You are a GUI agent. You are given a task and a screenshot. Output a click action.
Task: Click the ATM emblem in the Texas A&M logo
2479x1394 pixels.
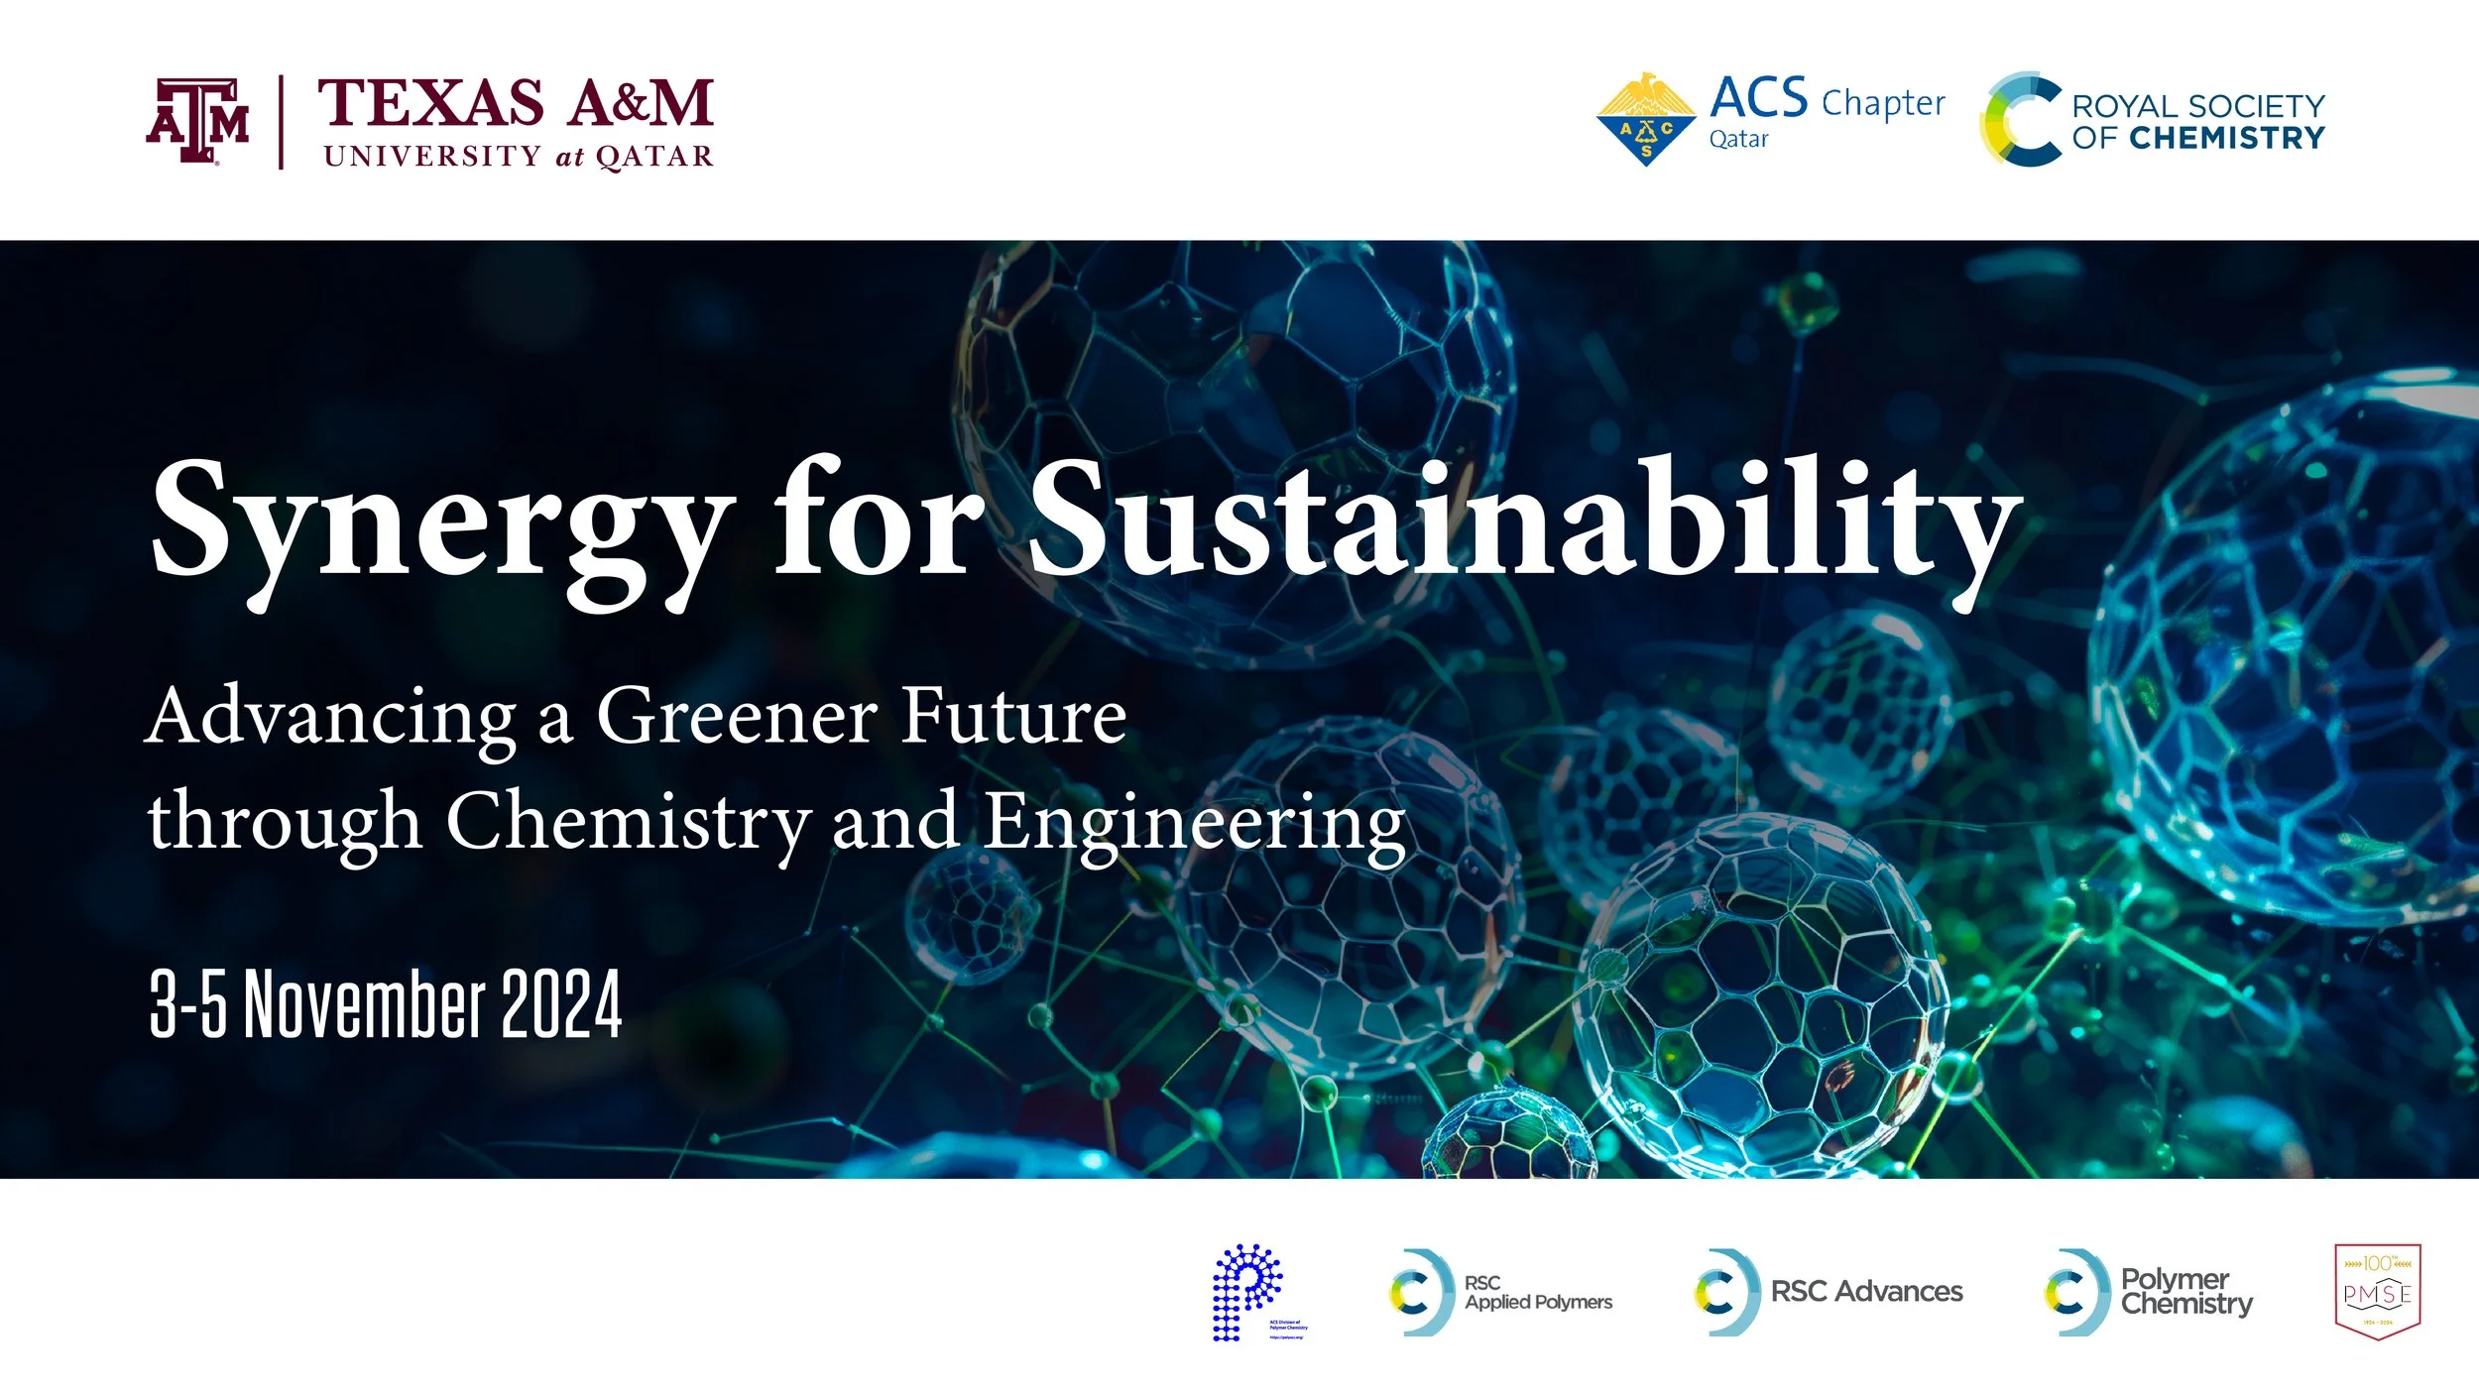pos(197,120)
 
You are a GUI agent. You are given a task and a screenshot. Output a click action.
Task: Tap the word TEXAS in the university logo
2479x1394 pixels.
pos(430,102)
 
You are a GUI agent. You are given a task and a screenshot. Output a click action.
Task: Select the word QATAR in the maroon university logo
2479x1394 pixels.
pos(654,157)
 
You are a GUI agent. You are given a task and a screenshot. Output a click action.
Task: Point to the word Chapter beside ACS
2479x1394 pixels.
pos(1883,103)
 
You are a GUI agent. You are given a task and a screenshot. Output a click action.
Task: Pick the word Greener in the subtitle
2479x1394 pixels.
pos(736,716)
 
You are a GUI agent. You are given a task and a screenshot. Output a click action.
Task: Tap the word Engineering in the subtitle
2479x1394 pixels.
pos(1194,823)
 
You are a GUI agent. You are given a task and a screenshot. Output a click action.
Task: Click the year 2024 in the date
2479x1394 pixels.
pos(561,1003)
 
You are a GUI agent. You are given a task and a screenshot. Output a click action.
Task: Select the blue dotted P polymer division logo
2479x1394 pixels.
pos(1247,1291)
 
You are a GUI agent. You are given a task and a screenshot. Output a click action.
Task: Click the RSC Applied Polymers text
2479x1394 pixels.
pos(1538,1292)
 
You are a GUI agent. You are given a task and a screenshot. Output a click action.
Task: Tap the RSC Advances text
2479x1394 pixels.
pos(1866,1291)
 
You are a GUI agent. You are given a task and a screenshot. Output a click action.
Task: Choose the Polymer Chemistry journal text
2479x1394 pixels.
pos(2185,1291)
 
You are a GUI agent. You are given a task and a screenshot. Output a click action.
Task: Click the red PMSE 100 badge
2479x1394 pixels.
pos(2378,1291)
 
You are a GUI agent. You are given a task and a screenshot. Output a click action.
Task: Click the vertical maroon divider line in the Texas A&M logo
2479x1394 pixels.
pos(282,122)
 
